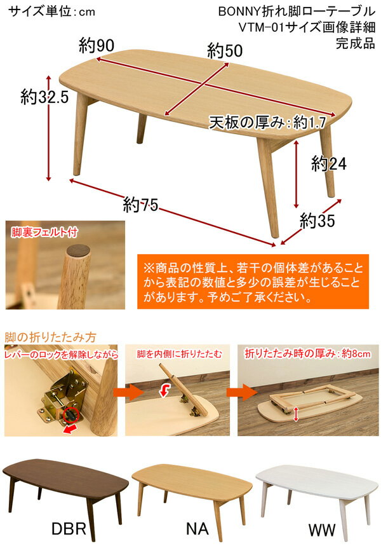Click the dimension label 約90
coord(97,46)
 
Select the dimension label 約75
coord(140,205)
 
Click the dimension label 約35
coord(317,221)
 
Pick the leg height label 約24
coord(328,164)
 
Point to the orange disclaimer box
coord(252,281)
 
